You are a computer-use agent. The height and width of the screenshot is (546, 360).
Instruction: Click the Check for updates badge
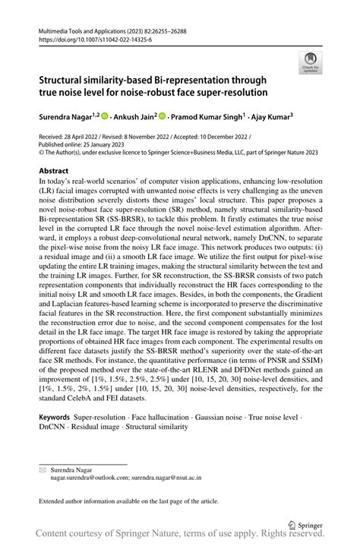310,62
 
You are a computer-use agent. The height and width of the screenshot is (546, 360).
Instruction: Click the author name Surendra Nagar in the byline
67,118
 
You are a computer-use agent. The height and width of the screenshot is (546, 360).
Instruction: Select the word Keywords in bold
55,417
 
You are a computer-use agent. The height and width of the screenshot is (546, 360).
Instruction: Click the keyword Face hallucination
163,417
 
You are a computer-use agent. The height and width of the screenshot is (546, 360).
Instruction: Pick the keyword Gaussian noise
225,417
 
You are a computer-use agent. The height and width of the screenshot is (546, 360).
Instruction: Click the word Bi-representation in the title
175,80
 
